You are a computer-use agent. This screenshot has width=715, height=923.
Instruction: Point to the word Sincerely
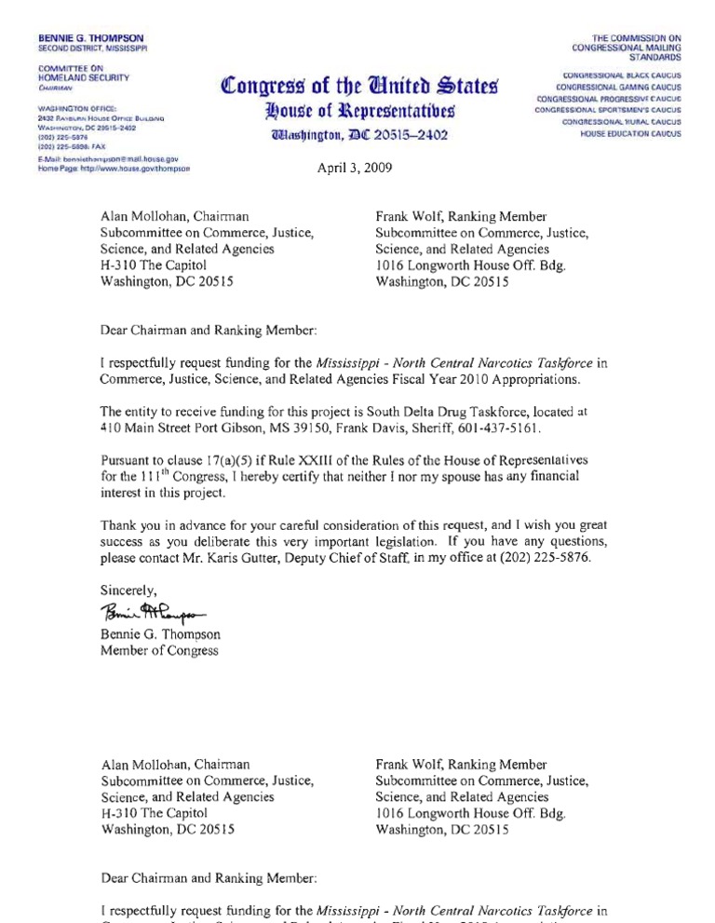(129, 590)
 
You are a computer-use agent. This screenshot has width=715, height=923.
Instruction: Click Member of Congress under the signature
(159, 651)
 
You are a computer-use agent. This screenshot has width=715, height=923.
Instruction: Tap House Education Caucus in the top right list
(631, 134)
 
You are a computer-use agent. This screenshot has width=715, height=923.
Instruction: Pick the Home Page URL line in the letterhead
(115, 169)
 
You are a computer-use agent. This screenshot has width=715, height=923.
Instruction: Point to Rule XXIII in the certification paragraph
(258, 460)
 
